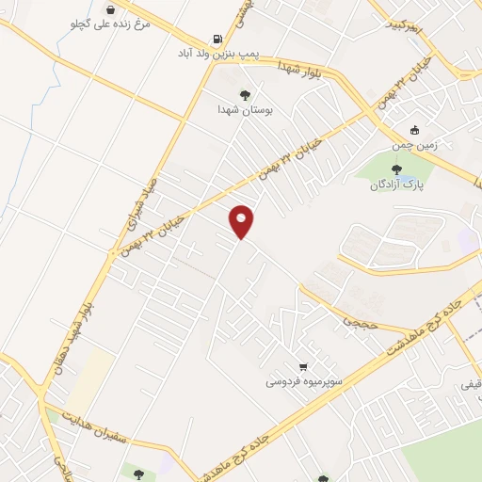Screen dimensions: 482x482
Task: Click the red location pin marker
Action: click(242, 221)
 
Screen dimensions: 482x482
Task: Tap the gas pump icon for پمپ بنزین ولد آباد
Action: click(219, 40)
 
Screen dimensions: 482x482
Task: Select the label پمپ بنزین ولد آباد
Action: click(218, 55)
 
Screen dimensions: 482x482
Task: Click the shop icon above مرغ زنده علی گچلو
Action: click(111, 9)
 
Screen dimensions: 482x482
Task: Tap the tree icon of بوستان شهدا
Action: click(245, 94)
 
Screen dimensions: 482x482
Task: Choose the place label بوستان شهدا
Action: click(245, 109)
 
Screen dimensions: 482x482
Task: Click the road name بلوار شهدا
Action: click(303, 72)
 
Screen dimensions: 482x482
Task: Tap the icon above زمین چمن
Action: click(415, 131)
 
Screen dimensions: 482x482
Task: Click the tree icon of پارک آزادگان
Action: click(395, 169)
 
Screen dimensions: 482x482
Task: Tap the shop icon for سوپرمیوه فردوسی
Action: click(302, 366)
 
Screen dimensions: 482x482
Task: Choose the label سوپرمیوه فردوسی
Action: click(302, 381)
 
